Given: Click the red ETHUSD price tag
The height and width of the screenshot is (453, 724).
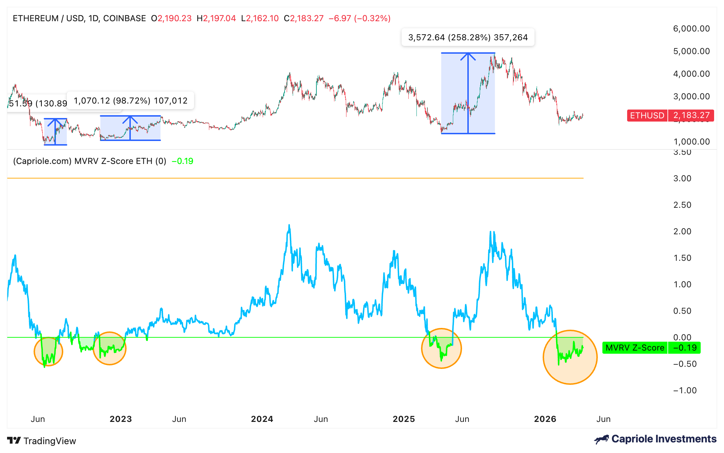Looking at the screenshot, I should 670,116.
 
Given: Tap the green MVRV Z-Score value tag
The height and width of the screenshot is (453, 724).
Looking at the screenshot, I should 651,348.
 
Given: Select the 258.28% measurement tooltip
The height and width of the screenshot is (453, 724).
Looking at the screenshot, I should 468,37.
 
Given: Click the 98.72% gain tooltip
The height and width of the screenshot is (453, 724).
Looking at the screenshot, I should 130,101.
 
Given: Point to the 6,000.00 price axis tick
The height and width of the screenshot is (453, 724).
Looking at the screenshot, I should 691,29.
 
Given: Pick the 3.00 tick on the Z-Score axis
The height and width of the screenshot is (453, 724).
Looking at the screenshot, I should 682,178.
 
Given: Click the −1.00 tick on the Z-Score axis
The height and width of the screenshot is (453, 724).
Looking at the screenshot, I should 685,390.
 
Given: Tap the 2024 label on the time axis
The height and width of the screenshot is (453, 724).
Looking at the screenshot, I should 262,419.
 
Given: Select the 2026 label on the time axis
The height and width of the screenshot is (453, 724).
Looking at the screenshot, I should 545,419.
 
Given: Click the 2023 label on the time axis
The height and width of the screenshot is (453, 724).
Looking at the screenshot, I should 121,419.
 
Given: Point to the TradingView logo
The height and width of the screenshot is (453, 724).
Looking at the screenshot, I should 42,441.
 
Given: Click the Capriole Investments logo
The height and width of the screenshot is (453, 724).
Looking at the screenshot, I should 655,439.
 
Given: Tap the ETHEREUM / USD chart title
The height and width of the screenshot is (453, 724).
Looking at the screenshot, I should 79,18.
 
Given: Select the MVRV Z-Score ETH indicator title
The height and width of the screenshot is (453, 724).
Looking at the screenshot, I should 89,161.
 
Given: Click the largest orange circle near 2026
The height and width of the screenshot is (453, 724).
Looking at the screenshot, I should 570,357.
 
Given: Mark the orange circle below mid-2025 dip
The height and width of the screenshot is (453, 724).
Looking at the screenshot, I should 441,348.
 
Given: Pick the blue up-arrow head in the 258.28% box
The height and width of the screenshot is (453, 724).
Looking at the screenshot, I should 468,56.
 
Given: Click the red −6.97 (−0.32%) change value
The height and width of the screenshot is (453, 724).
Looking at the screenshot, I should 360,18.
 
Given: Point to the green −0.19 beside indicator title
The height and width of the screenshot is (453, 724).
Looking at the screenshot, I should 182,161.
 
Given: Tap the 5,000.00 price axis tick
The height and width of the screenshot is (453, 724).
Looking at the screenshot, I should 691,51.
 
